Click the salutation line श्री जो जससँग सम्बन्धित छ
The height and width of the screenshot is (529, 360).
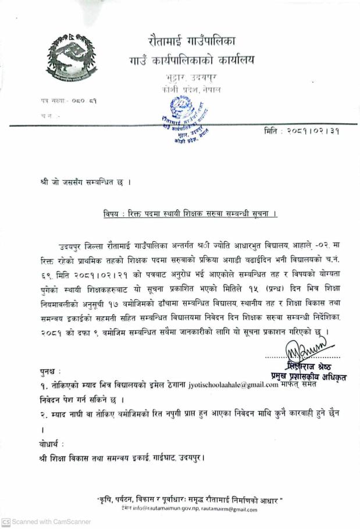point(81,182)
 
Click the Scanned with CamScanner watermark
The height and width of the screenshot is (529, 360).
point(47,522)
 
